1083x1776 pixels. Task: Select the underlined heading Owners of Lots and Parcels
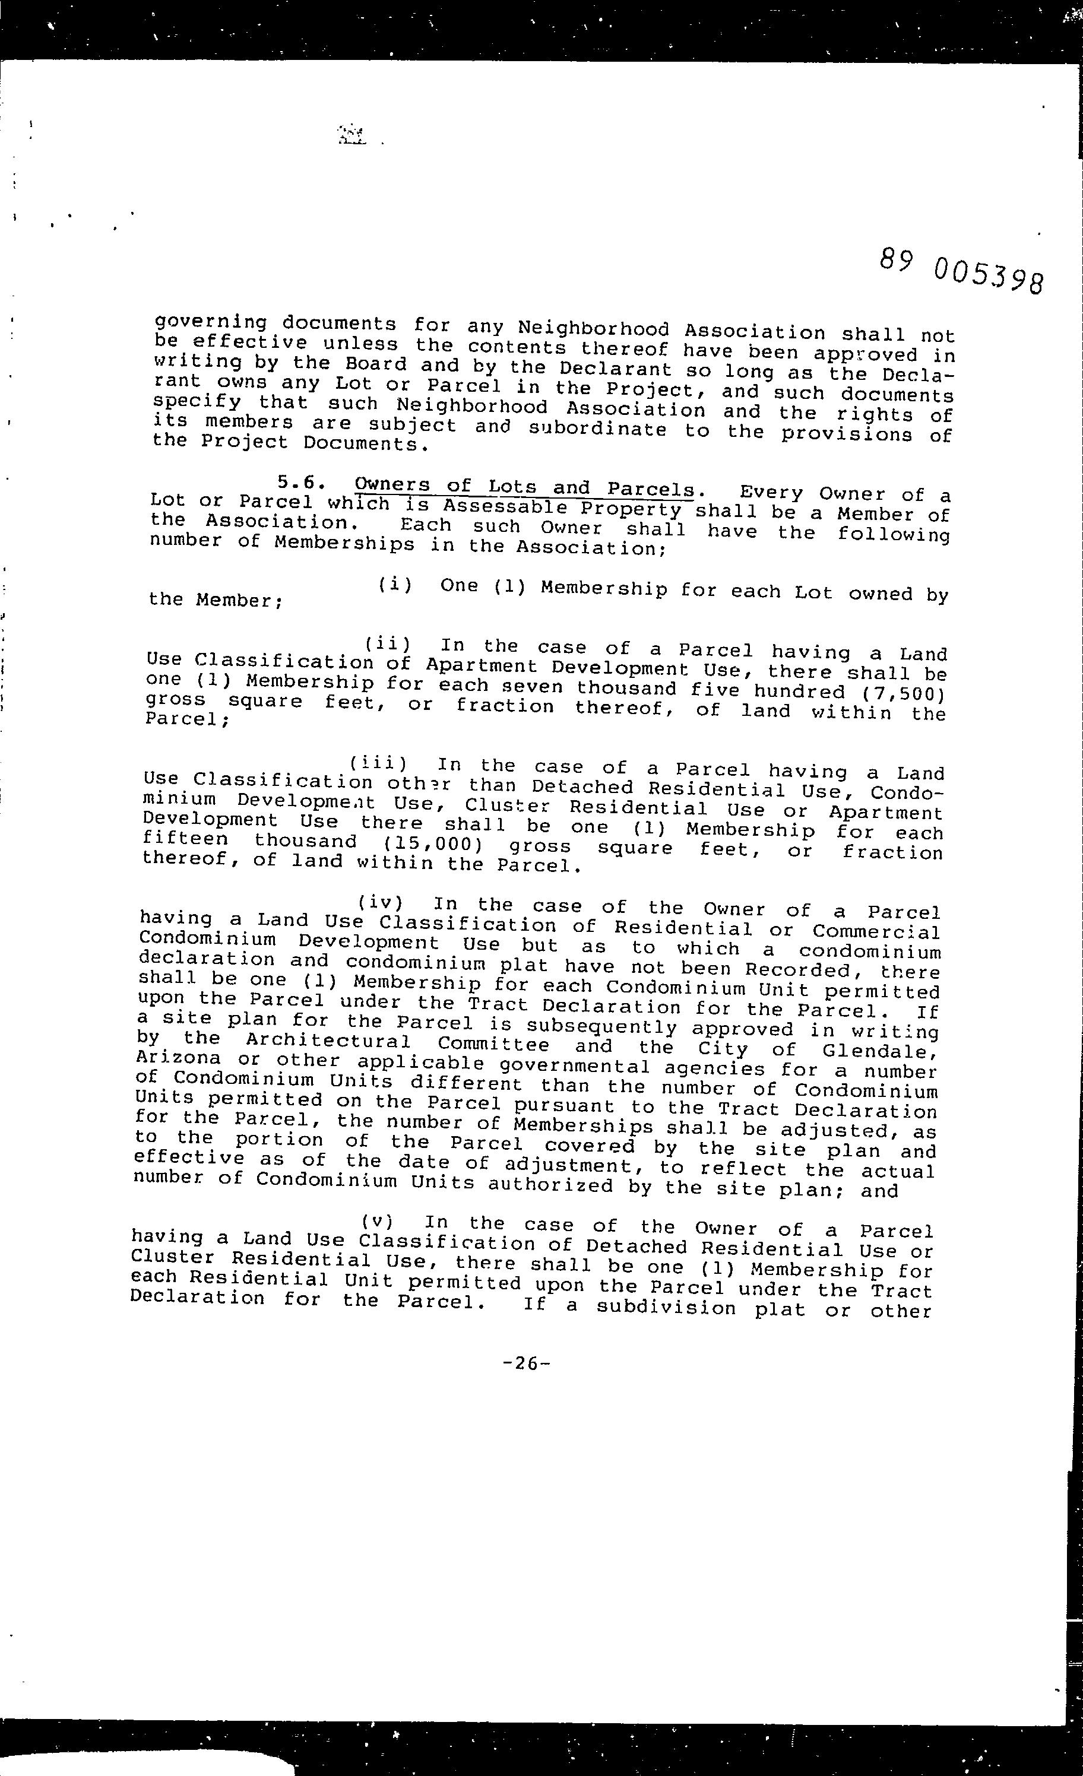point(524,488)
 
